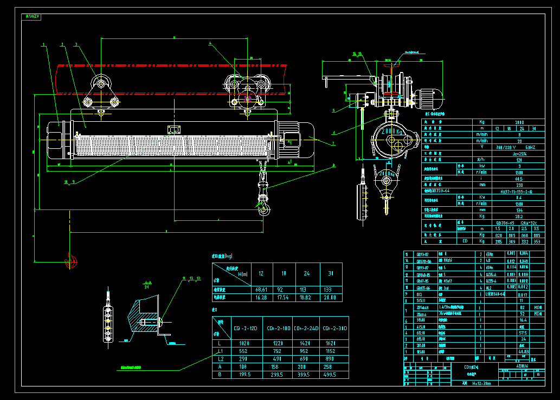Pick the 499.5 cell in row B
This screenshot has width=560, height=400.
coord(332,374)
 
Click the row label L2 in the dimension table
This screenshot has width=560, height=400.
coord(220,358)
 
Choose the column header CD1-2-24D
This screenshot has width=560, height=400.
coord(305,329)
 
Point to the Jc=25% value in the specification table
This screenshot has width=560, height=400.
coord(511,153)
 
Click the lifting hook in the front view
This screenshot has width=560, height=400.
coord(264,209)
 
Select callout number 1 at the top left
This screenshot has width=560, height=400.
coord(43,44)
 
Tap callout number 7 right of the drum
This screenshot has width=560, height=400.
coord(333,143)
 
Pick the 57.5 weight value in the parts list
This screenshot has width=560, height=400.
coord(523,333)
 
